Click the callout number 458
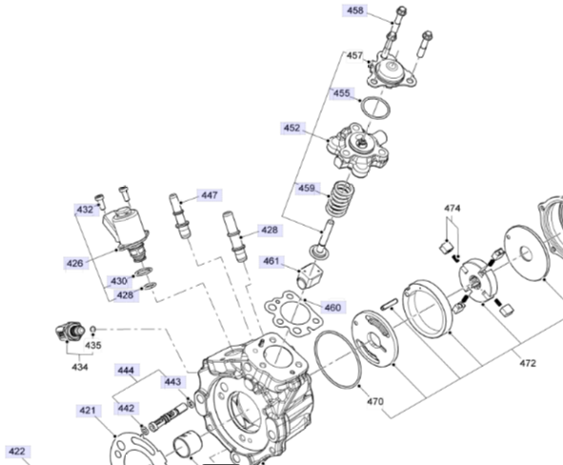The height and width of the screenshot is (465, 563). [x=355, y=10]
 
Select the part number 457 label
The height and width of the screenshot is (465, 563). [x=354, y=55]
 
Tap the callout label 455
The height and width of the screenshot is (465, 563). [x=341, y=93]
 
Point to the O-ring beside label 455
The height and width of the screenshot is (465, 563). [x=375, y=108]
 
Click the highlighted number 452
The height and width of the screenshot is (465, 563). [x=292, y=128]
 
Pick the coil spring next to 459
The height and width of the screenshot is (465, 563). [x=340, y=198]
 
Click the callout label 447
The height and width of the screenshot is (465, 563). [x=210, y=195]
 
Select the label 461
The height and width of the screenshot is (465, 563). [x=271, y=261]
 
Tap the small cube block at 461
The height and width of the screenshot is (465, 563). [x=311, y=274]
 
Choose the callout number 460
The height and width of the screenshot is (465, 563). [x=332, y=308]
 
